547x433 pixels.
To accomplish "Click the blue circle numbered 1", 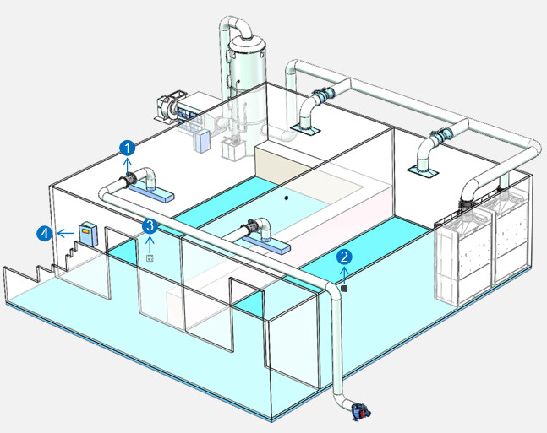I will (128, 148).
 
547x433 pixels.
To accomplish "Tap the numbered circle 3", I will (150, 225).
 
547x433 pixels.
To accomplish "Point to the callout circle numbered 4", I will (43, 232).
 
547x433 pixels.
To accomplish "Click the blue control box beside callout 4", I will (88, 233).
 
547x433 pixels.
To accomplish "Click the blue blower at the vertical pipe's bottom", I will (359, 411).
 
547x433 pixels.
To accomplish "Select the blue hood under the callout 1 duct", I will (152, 194).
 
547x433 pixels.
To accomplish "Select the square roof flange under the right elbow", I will (424, 172).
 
